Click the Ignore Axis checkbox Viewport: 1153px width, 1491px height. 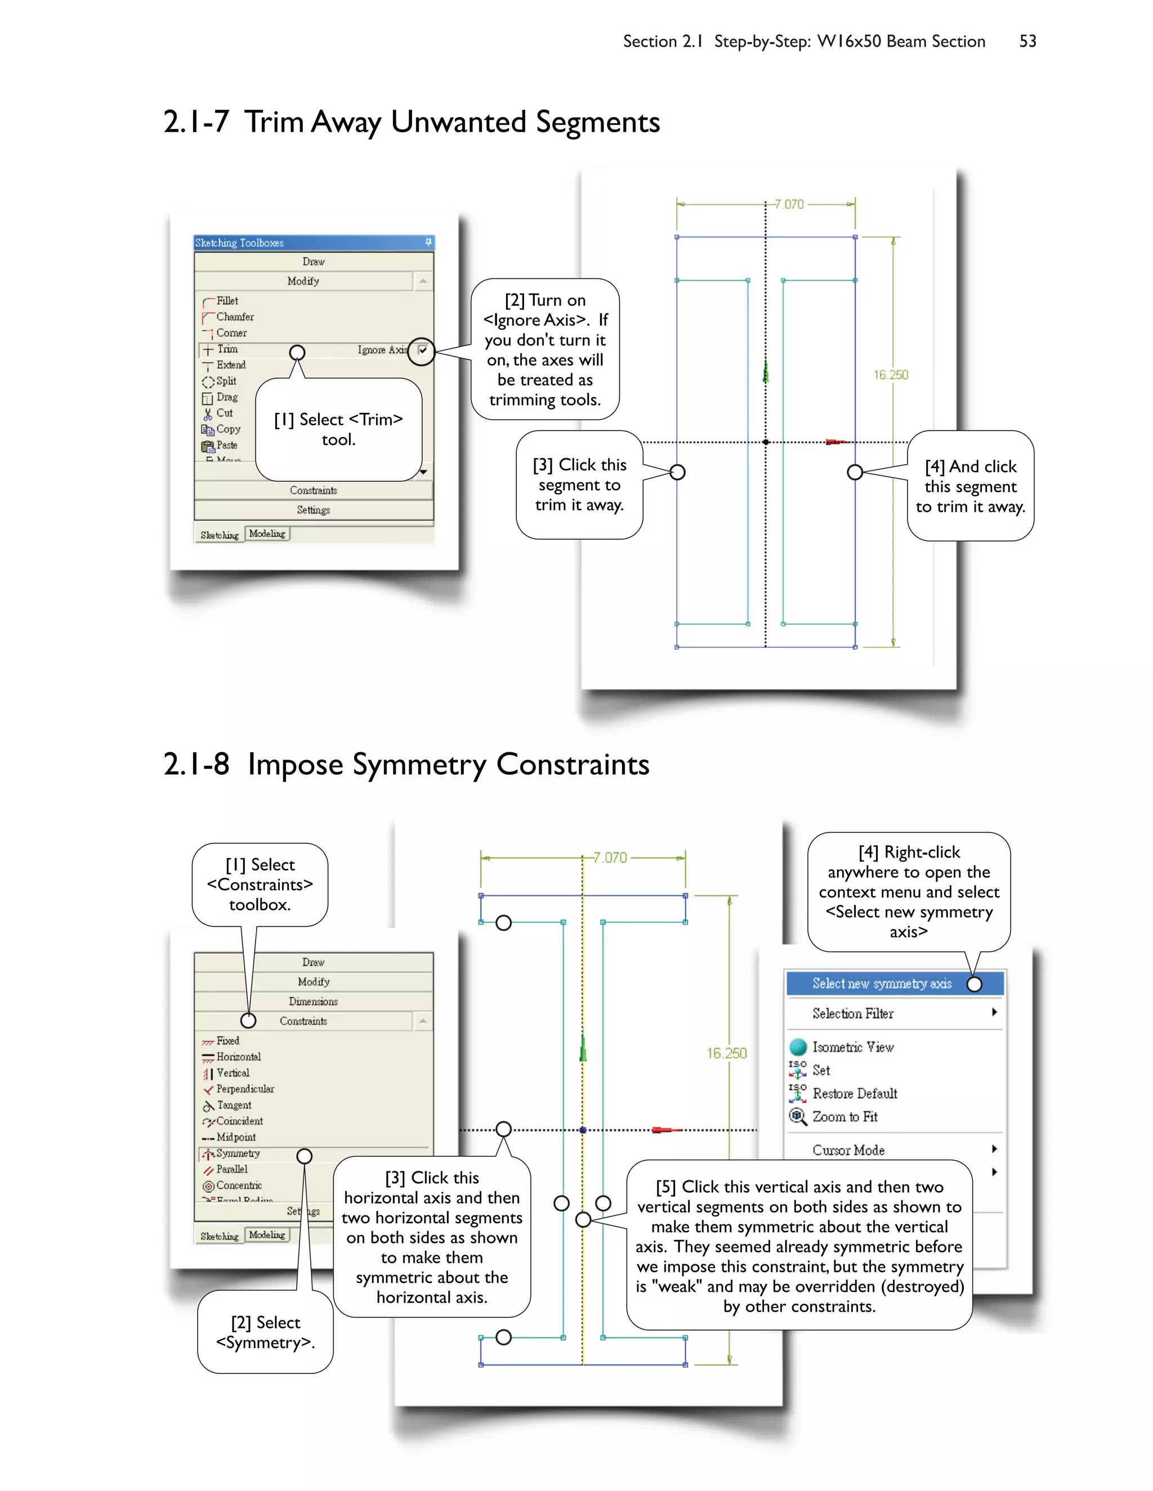click(x=423, y=350)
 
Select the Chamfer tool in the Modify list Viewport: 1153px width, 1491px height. click(x=234, y=317)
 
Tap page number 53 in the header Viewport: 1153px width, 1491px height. click(x=1027, y=42)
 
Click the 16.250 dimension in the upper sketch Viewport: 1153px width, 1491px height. click(x=891, y=375)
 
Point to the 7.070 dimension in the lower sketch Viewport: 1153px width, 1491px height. click(x=610, y=857)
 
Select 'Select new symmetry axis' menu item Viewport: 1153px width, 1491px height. click(x=881, y=983)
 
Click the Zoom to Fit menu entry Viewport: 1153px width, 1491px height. click(x=844, y=1117)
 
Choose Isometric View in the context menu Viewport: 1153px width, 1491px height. click(x=852, y=1047)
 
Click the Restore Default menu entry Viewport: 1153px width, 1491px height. click(x=854, y=1094)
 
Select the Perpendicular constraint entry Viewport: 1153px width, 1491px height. click(x=244, y=1089)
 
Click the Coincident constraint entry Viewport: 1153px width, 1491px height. click(x=239, y=1121)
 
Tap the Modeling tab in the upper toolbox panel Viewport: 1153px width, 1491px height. click(x=267, y=534)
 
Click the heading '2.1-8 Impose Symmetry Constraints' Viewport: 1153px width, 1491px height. click(x=406, y=765)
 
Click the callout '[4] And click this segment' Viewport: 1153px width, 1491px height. click(x=970, y=486)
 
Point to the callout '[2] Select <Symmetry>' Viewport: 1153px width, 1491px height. click(x=265, y=1332)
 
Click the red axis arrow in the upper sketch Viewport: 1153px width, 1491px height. click(x=837, y=442)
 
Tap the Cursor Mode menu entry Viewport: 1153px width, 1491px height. click(x=848, y=1151)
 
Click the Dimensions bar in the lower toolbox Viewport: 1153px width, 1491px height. click(x=313, y=1002)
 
